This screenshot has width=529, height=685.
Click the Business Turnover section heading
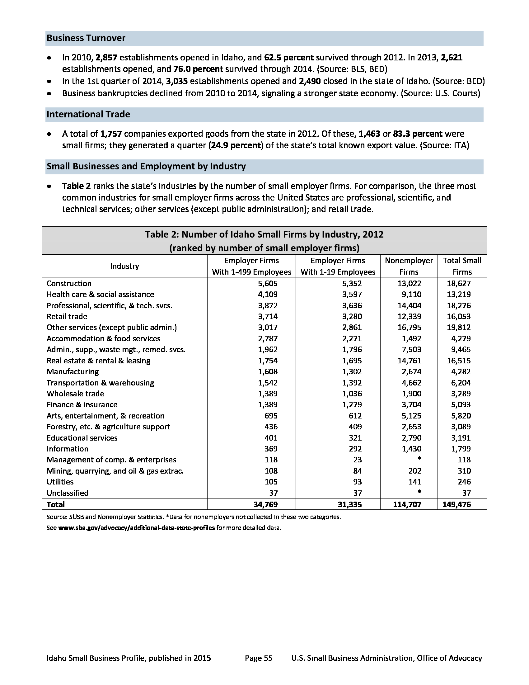pos(86,38)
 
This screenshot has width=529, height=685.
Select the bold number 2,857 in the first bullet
pos(106,58)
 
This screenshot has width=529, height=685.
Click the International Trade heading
pos(88,115)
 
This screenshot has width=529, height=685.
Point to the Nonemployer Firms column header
pos(409,266)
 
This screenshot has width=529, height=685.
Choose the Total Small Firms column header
pos(462,266)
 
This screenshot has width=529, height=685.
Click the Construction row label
pos(69,284)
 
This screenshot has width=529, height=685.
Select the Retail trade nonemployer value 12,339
pos(409,316)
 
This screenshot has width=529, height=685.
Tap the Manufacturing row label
pos(73,372)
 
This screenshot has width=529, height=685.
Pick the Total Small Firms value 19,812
pos(458,328)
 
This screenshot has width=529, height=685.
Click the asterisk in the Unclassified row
pos(419,492)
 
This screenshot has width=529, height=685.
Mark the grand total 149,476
pos(456,504)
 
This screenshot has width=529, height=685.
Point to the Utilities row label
pos(60,482)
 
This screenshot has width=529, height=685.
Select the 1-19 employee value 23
pos(357,460)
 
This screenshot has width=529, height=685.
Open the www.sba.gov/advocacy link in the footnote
pos(136,528)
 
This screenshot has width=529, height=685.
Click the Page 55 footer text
pos(259,658)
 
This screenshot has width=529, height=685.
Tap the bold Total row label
pos(56,504)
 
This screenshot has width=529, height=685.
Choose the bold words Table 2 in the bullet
pos(77,186)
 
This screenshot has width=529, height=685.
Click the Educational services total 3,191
pos(461,438)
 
